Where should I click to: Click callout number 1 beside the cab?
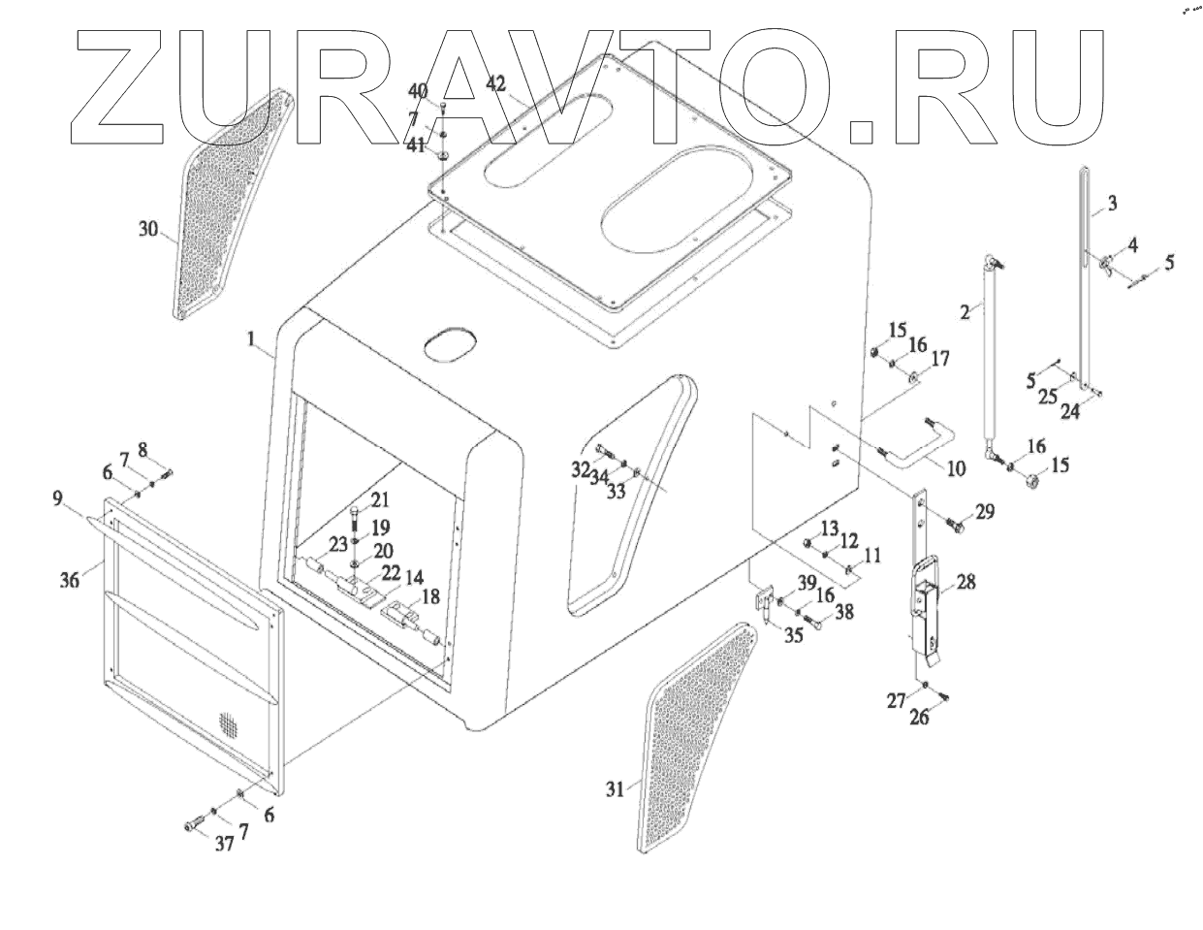[x=251, y=339]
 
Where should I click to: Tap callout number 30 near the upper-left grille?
[x=148, y=230]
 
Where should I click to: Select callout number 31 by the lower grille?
[x=615, y=790]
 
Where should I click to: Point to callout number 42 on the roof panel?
[x=495, y=84]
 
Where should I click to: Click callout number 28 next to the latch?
[x=966, y=582]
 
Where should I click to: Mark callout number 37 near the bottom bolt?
[x=224, y=844]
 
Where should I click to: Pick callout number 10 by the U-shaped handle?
[x=956, y=469]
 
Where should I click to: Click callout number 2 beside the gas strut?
[x=965, y=311]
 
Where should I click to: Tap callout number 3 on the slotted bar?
[x=1111, y=204]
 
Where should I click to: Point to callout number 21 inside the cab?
[x=379, y=500]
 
